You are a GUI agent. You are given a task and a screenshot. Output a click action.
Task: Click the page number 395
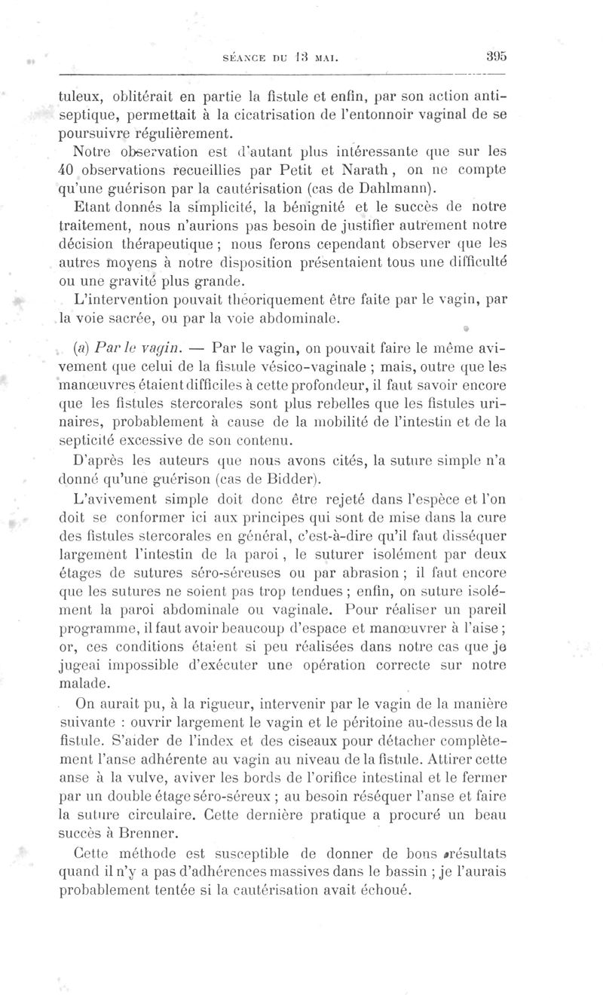pos(495,55)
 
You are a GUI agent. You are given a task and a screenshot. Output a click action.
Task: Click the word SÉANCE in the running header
pos(256,56)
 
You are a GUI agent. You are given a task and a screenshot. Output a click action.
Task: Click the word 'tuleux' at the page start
pos(79,99)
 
